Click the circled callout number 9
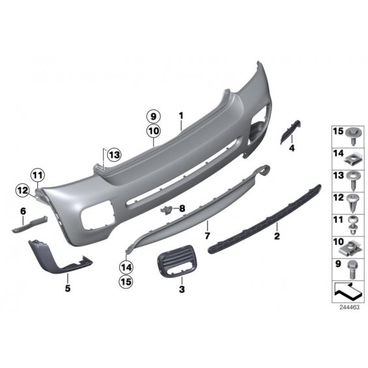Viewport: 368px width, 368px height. (x=153, y=116)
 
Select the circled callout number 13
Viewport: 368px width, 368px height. (x=114, y=155)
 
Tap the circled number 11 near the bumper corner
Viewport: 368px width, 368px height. (x=38, y=175)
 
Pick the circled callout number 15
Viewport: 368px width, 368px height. (x=126, y=281)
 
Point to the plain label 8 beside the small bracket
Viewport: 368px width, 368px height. (x=182, y=208)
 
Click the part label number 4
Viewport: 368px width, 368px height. (x=292, y=148)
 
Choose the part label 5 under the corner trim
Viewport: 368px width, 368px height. (x=68, y=288)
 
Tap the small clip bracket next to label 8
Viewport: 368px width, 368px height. (x=167, y=210)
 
